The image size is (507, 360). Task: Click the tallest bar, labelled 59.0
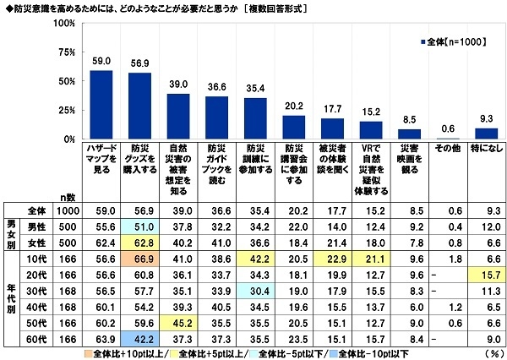101,104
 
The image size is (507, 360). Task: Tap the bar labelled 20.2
293,127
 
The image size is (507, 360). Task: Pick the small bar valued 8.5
409,134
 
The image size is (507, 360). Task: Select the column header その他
447,148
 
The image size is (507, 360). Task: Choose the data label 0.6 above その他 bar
447,128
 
